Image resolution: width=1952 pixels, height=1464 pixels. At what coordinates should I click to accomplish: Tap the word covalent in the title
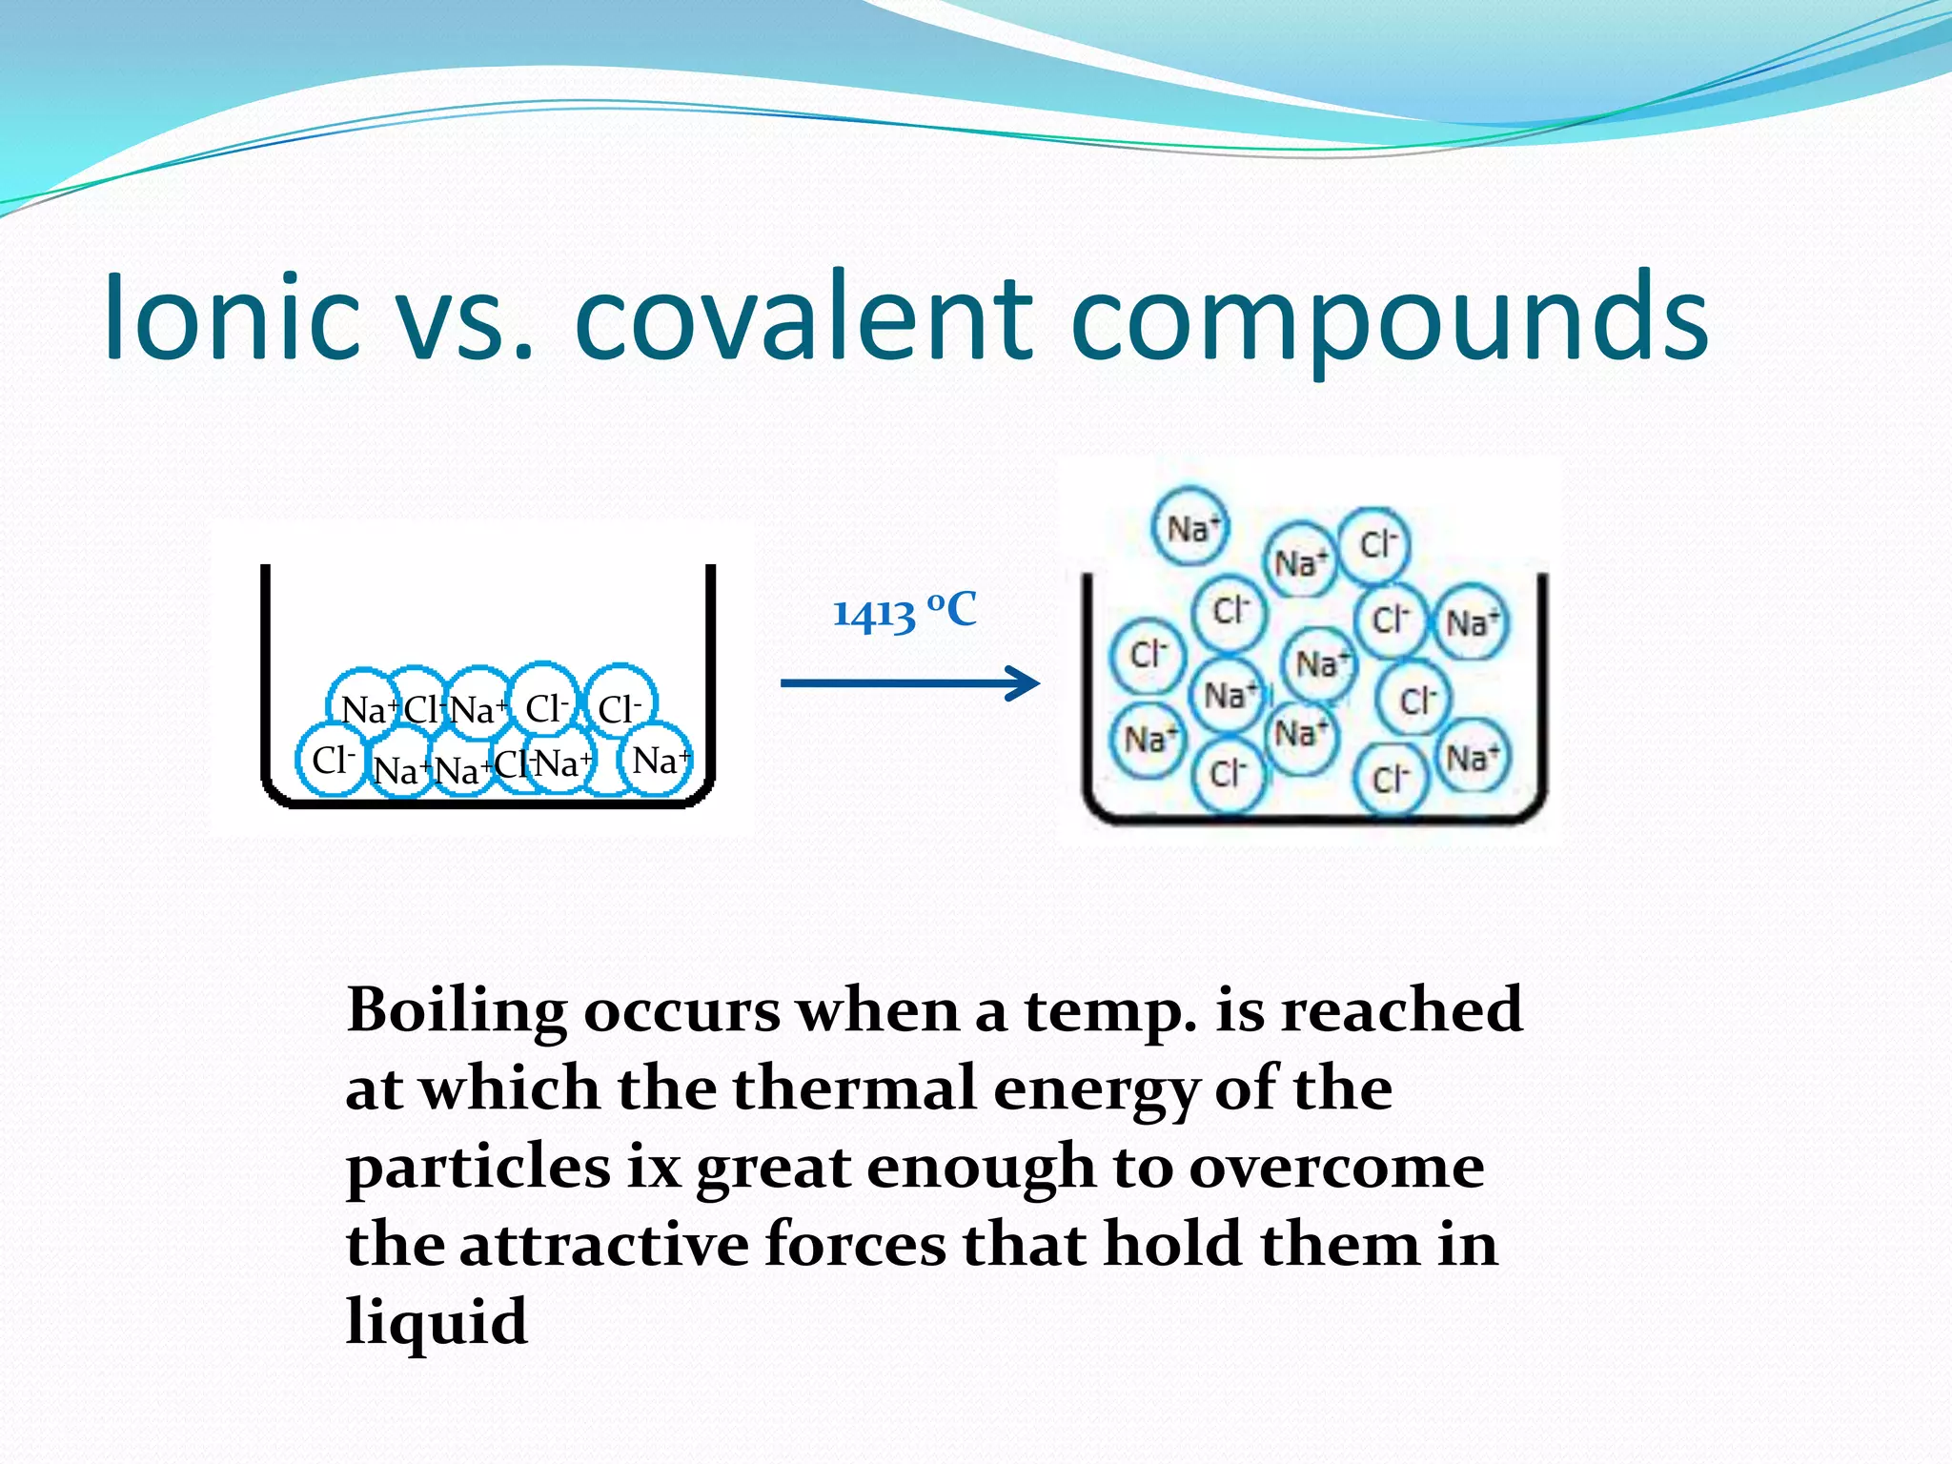[803, 318]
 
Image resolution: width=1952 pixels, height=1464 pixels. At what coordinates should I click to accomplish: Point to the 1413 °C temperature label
[905, 611]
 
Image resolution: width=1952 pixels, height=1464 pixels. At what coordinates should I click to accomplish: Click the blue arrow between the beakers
[909, 682]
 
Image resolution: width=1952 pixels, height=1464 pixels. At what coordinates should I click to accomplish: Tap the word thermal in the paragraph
[854, 1088]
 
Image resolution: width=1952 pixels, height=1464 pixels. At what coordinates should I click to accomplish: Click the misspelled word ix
[654, 1167]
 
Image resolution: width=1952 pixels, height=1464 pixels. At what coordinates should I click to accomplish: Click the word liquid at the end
[437, 1324]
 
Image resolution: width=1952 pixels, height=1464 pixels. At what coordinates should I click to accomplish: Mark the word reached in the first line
[1401, 1010]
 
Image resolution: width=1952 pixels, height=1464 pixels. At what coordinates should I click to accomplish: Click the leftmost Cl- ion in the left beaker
[331, 760]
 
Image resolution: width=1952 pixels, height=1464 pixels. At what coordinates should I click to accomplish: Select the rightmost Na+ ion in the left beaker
[659, 760]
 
